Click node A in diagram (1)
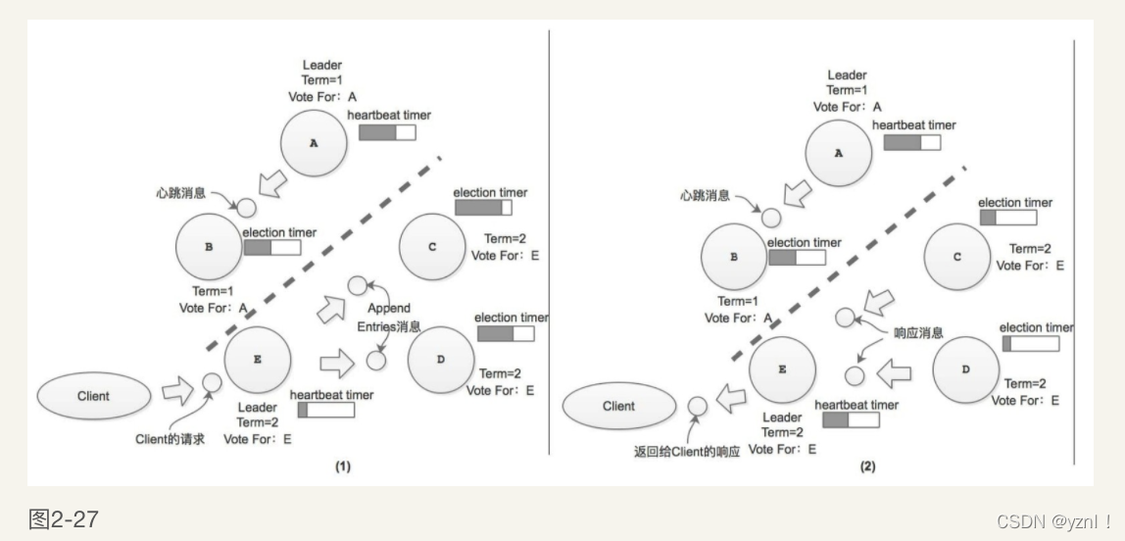[x=314, y=143]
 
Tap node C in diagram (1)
[x=432, y=247]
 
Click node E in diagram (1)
[x=258, y=360]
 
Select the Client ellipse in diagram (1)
[x=93, y=396]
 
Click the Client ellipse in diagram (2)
[x=618, y=406]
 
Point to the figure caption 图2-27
[x=63, y=518]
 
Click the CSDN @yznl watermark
[x=1054, y=521]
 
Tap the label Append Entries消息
[x=390, y=318]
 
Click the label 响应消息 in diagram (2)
[x=919, y=333]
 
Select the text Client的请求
[x=172, y=439]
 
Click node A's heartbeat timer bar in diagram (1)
[x=387, y=132]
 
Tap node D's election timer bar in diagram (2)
[x=1030, y=344]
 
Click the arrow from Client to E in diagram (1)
[x=177, y=391]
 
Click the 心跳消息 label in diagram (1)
[x=180, y=194]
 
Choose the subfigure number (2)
[x=867, y=467]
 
